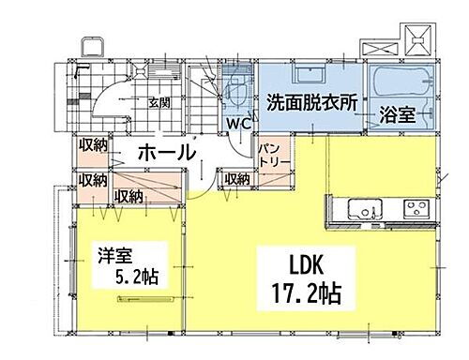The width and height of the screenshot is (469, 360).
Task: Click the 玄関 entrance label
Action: (x=159, y=102)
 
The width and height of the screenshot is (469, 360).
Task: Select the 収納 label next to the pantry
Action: (x=235, y=178)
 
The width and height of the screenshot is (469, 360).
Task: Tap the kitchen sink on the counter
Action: (x=359, y=206)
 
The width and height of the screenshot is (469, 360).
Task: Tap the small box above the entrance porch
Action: (x=92, y=49)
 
